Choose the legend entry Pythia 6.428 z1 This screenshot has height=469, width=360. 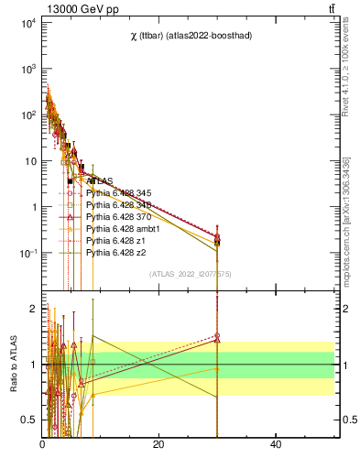(115, 240)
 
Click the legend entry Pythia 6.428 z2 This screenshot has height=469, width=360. (115, 252)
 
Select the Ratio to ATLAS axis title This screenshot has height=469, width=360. (12, 364)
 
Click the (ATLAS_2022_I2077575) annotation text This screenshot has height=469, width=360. (191, 274)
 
